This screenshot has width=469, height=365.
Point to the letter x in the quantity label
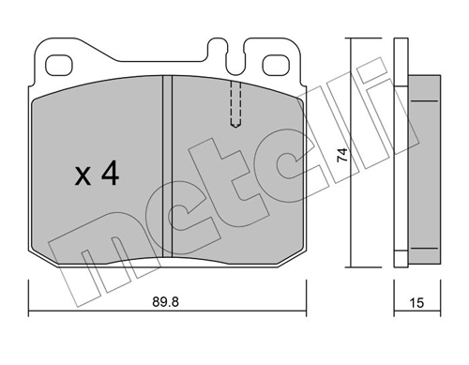point(83,177)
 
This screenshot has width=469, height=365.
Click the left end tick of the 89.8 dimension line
point(29,312)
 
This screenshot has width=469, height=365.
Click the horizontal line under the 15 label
point(417,312)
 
